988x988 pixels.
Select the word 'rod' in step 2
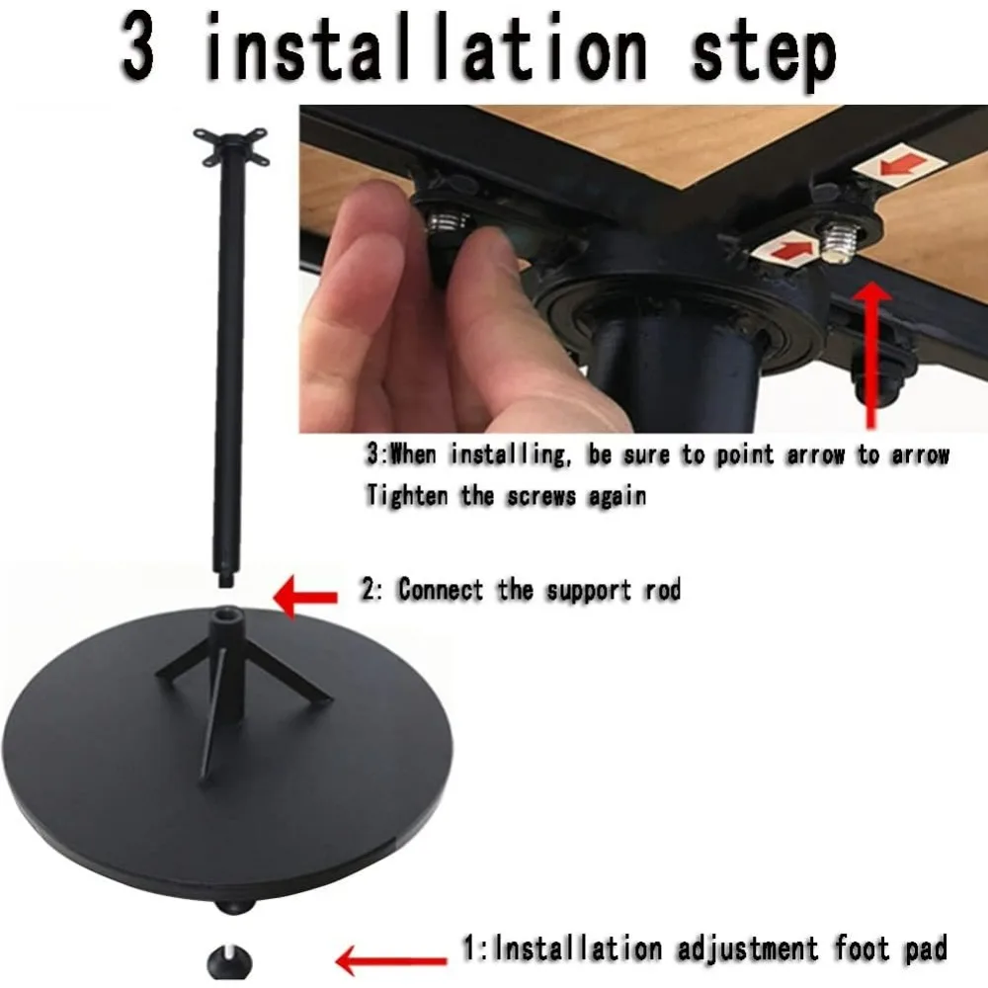click(x=659, y=591)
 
